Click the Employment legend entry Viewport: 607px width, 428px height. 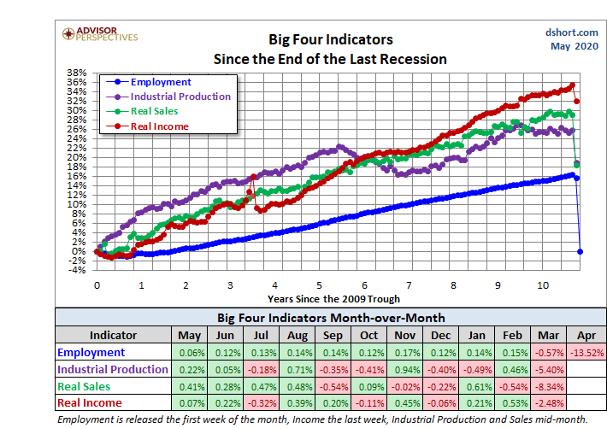(x=161, y=82)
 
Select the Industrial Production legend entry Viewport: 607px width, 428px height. (x=180, y=97)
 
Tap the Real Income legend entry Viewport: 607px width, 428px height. (x=159, y=126)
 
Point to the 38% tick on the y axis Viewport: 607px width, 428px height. (x=78, y=73)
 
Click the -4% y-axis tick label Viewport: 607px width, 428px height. (x=78, y=270)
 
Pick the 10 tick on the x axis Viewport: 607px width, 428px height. (x=543, y=285)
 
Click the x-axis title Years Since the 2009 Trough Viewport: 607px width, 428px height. (x=333, y=299)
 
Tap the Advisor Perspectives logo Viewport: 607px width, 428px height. (x=100, y=35)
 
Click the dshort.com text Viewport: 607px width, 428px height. (x=569, y=31)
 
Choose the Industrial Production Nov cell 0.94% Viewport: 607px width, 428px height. (x=407, y=370)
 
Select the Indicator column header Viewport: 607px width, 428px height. (x=114, y=334)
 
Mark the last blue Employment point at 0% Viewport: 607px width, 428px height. (x=580, y=251)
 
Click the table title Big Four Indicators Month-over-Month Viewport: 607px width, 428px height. (x=330, y=316)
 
